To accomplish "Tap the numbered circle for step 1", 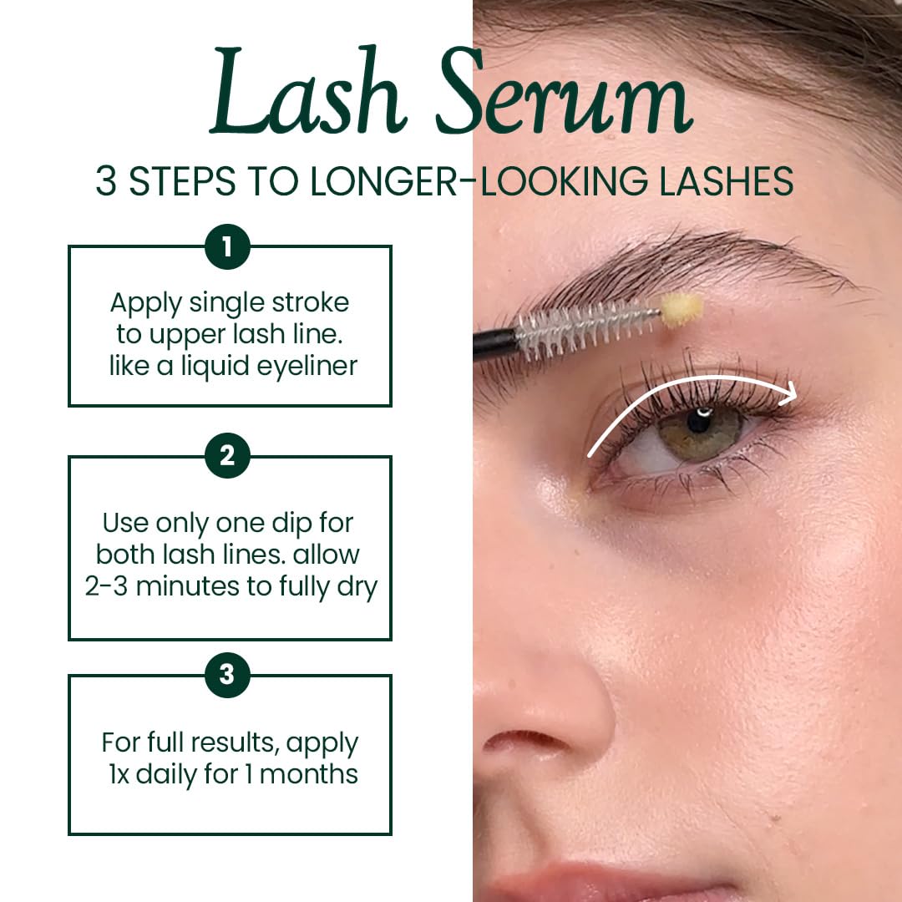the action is tap(227, 246).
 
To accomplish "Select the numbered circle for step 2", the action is tap(227, 456).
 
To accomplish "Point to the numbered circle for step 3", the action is tap(227, 674).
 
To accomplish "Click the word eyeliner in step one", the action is tap(307, 367).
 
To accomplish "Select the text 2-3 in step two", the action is tap(106, 586).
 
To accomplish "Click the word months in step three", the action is tap(308, 773).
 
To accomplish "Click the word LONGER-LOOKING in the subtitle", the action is tap(479, 181).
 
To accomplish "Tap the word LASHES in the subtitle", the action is tap(726, 181).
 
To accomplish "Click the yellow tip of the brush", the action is tap(682, 310).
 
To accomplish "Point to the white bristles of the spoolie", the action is tap(587, 330).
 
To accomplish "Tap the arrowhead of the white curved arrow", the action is tap(787, 393).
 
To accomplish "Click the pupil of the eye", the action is tap(700, 421).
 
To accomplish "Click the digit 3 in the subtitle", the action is tap(106, 181).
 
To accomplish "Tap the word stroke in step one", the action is tap(310, 302).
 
